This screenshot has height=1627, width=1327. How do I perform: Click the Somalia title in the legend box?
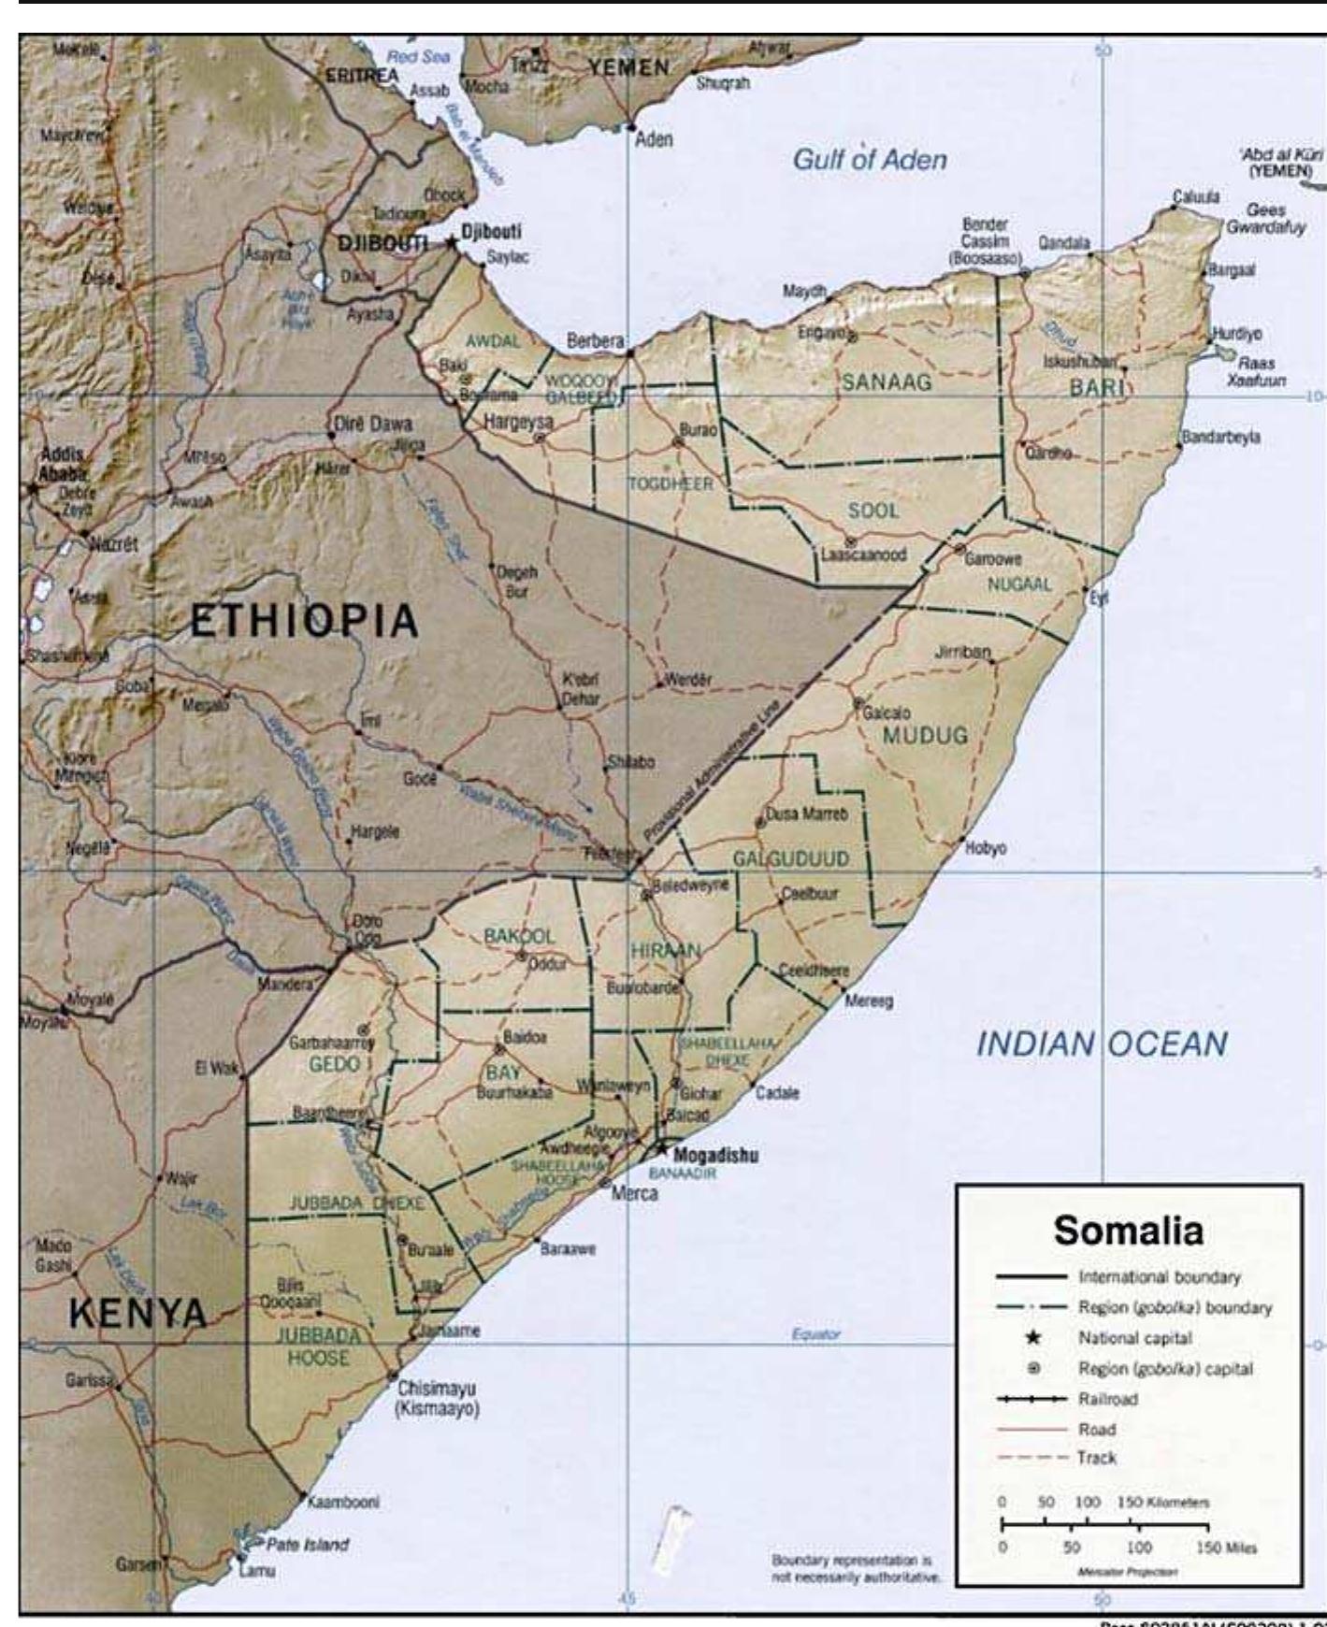coord(1128,1231)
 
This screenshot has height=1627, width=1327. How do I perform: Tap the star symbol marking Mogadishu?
coord(662,1147)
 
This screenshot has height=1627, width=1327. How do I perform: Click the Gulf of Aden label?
coord(870,160)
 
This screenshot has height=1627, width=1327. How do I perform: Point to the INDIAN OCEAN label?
coord(1102,1044)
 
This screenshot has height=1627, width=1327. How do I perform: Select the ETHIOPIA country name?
coord(304,621)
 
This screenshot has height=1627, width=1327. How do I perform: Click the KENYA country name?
coord(137,1314)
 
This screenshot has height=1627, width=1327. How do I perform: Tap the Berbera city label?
coord(595,341)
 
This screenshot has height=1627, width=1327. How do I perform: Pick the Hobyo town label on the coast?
coord(986,848)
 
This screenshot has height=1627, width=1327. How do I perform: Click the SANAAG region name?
coord(887,382)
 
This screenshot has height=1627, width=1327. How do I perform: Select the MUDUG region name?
coord(925,735)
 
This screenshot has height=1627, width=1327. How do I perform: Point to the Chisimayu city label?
coord(436,1388)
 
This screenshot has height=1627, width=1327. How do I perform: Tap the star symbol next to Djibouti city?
coord(452,241)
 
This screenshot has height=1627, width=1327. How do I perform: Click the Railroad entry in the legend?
coord(1107,1399)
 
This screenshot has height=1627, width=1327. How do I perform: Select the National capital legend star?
coord(1033,1338)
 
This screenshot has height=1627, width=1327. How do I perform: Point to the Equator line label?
coord(815,1334)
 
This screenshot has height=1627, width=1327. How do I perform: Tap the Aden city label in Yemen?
coord(654,139)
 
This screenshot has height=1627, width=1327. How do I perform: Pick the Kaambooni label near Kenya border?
coord(343,1502)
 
